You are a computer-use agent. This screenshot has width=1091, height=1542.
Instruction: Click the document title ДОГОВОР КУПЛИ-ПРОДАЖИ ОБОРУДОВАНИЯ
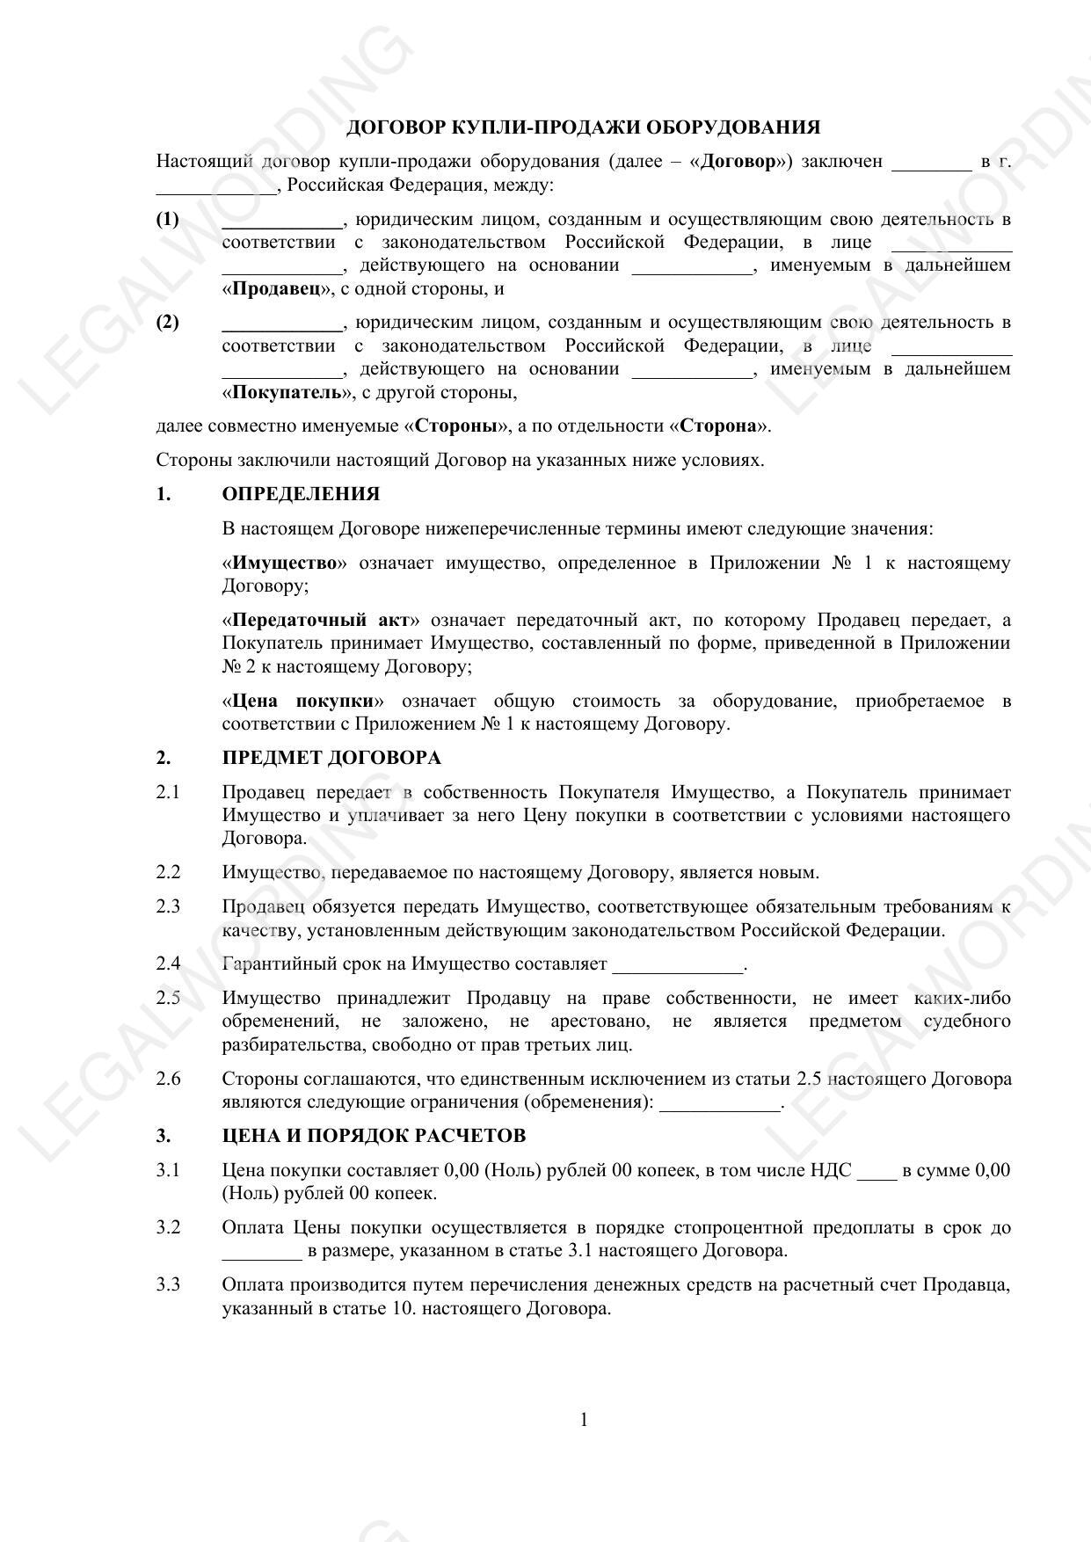583,127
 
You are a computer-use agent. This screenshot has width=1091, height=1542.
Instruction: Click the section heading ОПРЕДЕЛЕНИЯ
301,494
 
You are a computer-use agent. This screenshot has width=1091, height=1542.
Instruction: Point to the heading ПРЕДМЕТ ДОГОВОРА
331,758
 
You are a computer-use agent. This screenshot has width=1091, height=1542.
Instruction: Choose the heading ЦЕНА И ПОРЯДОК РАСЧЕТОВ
374,1136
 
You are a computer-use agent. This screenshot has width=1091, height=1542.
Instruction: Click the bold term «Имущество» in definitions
285,563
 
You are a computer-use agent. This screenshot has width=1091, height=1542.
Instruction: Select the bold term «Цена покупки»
303,701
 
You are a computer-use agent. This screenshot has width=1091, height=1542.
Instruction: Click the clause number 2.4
168,964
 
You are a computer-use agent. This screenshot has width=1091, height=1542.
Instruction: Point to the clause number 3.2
168,1228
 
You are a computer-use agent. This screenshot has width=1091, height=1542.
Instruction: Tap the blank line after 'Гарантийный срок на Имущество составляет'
678,967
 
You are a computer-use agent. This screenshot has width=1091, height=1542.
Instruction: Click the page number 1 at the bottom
584,1420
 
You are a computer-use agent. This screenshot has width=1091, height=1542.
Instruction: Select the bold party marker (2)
167,322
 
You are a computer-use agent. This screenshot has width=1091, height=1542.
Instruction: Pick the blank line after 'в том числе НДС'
876,1174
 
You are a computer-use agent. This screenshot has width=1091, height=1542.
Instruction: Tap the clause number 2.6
168,1079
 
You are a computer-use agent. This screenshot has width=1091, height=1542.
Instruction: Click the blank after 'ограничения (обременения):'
719,1105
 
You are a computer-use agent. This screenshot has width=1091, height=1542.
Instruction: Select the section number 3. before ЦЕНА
164,1136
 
